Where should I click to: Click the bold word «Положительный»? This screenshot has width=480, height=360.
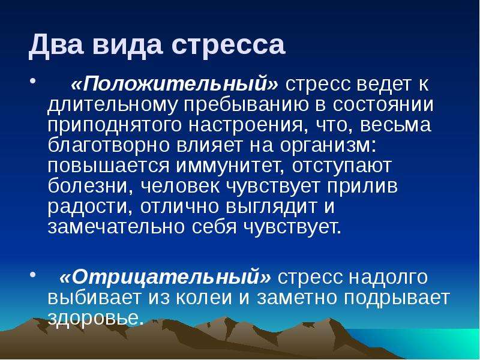click(x=175, y=83)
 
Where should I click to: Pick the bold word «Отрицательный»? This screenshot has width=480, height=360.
click(x=166, y=277)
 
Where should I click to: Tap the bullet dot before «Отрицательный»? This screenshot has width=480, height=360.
click(x=33, y=274)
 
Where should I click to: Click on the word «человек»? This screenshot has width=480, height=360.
click(x=180, y=187)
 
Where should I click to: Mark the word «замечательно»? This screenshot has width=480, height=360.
click(x=116, y=227)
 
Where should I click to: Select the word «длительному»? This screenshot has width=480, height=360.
click(x=113, y=104)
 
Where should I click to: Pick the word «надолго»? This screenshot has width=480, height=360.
click(x=388, y=277)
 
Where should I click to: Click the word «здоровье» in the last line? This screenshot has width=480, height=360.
click(x=95, y=319)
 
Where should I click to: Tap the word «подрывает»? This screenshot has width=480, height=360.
click(x=397, y=298)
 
